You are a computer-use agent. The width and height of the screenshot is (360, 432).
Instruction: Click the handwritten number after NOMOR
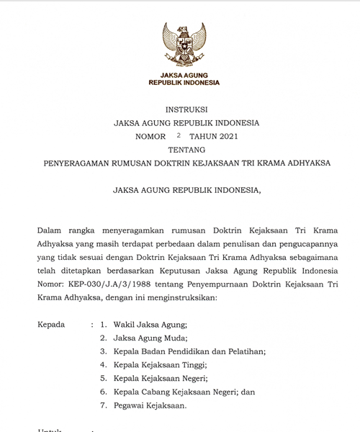[178, 135]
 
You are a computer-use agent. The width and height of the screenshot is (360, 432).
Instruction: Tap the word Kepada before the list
[51, 325]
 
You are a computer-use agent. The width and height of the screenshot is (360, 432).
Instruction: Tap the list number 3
[104, 351]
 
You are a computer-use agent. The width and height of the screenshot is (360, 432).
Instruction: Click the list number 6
[104, 392]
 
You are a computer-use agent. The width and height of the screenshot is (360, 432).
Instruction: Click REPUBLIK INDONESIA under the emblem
[184, 83]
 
